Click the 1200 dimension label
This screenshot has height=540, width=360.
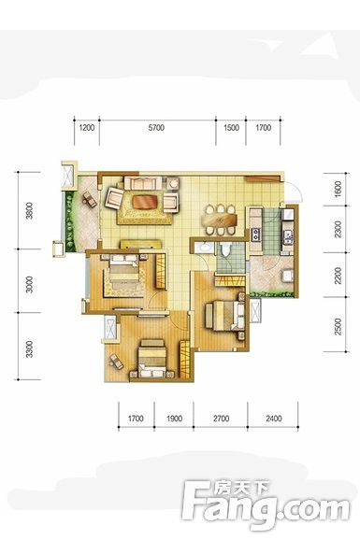click(x=87, y=128)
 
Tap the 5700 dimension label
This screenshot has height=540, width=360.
click(x=156, y=128)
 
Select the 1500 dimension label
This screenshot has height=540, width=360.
click(x=231, y=128)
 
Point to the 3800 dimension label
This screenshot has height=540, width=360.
click(x=30, y=210)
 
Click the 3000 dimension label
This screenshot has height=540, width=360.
click(x=30, y=284)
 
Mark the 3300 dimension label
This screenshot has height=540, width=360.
click(x=30, y=348)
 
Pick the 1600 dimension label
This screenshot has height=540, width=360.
click(x=338, y=189)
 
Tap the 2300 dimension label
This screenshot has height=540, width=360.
click(x=338, y=229)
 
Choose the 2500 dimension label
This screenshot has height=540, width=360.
click(x=338, y=326)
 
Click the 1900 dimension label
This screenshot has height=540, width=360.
click(x=175, y=419)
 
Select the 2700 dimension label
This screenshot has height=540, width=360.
click(x=221, y=419)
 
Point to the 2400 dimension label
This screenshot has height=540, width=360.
click(x=274, y=419)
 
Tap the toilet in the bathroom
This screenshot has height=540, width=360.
click(x=226, y=249)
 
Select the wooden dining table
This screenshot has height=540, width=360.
click(x=222, y=220)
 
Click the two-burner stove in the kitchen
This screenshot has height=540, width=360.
click(x=256, y=234)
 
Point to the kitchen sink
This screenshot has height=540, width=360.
click(x=288, y=235)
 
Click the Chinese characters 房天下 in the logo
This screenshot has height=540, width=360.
click(x=242, y=488)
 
